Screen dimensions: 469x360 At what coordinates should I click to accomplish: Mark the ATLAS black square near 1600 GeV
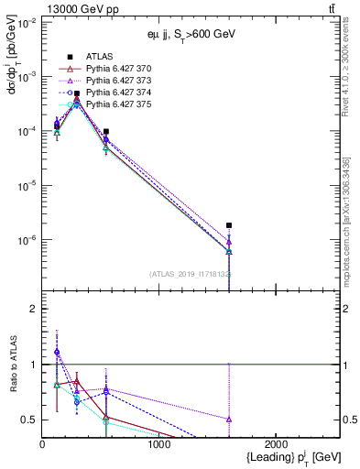pos(229,225)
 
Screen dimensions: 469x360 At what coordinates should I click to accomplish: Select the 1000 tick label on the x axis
pos(159,443)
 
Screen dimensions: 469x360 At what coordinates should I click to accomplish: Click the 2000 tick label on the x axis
pos(277,443)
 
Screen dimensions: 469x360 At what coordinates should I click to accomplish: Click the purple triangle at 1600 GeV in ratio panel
pos(229,419)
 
